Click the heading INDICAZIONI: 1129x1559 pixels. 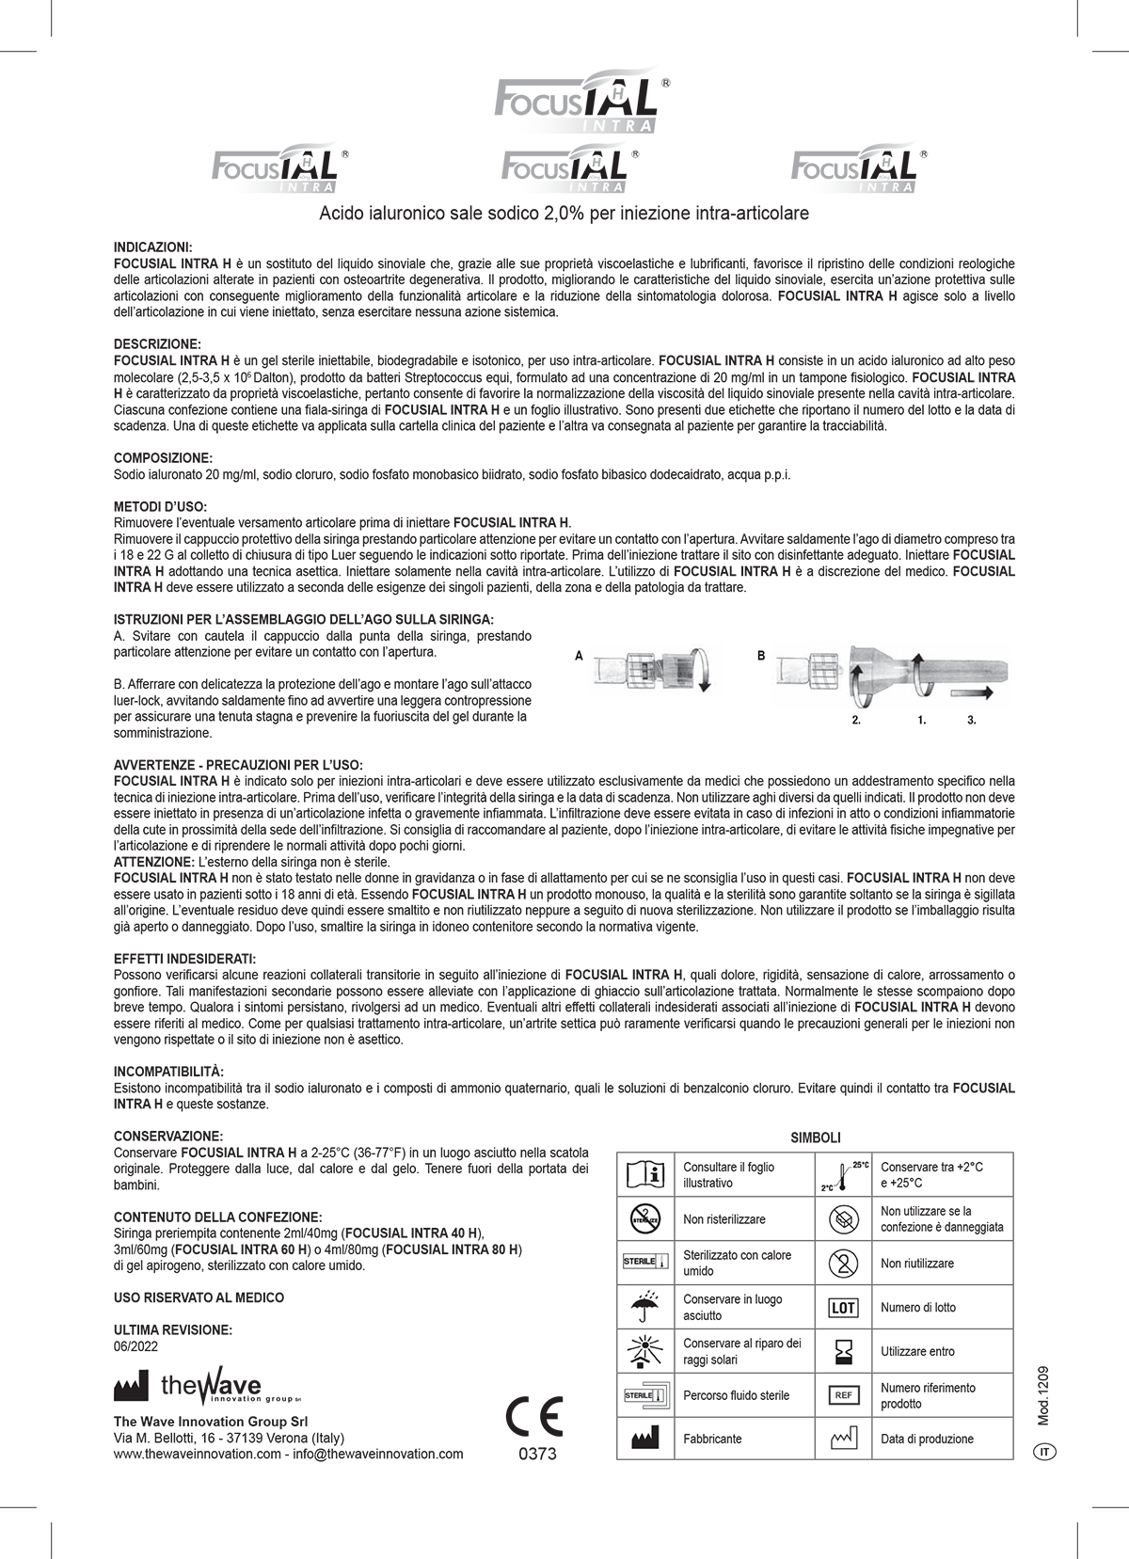tap(152, 246)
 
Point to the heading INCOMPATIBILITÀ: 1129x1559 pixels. tap(168, 1071)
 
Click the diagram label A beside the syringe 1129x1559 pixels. tap(579, 656)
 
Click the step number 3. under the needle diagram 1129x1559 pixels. tap(972, 720)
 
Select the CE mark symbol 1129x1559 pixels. tap(534, 1417)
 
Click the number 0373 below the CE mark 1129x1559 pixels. tap(537, 1454)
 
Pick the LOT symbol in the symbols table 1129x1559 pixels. tap(842, 1308)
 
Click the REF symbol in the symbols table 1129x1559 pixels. tap(842, 1395)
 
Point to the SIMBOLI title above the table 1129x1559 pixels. tap(815, 1137)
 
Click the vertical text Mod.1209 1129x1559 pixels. tap(1043, 1396)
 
